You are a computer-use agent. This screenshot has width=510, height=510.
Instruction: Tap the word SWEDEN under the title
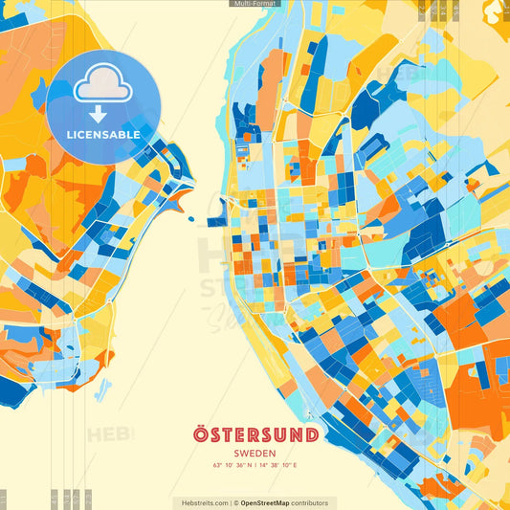coord(255,454)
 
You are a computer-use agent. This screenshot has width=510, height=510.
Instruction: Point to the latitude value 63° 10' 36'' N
coord(233,466)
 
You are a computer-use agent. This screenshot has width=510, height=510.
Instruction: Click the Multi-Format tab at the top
coord(255,5)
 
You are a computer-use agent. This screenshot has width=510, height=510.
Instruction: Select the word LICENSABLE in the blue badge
coord(103,135)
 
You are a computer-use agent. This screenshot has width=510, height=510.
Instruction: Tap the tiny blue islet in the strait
coord(190,219)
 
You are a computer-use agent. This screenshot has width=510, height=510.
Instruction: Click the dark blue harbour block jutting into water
coord(217,222)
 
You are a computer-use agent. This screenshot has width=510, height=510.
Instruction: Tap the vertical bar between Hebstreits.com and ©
coord(232,502)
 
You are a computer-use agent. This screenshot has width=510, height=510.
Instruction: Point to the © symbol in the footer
coord(237,502)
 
